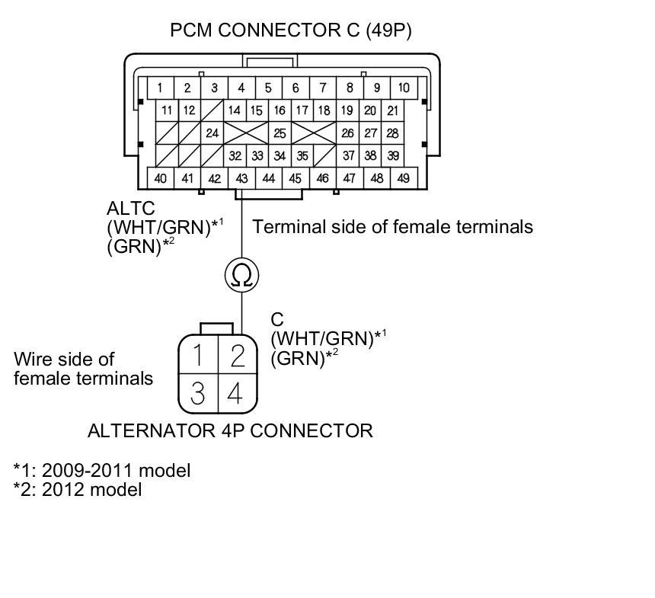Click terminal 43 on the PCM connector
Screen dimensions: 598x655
tap(241, 178)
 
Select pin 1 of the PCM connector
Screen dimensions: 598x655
tap(160, 88)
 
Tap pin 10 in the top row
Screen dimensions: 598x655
tap(403, 88)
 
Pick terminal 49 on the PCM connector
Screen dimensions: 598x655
tap(403, 178)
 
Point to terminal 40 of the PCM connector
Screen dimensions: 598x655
tap(161, 178)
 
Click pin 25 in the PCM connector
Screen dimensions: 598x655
tap(280, 133)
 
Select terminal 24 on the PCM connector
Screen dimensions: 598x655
tap(212, 133)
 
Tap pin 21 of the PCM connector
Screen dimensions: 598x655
tap(392, 110)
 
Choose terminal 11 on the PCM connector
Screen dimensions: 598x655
tap(167, 110)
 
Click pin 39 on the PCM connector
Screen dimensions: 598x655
tap(393, 155)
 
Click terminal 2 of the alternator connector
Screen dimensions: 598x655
tap(238, 354)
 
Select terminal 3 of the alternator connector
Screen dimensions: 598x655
tap(197, 392)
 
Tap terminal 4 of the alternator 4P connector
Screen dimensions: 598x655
tap(236, 392)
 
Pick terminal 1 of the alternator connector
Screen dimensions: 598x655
tap(198, 354)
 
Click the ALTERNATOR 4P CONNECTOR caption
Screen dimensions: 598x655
tap(230, 430)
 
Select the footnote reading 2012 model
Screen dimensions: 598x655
tap(78, 489)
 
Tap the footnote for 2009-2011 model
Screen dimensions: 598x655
tap(102, 470)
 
